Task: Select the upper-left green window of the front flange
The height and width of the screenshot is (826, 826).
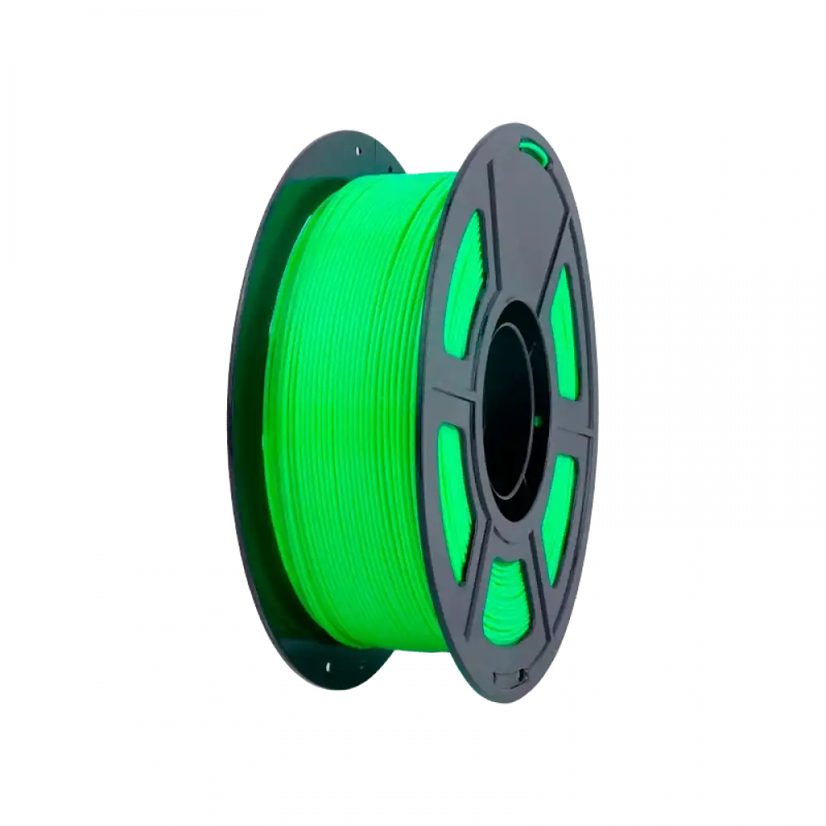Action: click(x=468, y=273)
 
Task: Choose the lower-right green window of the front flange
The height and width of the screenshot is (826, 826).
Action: click(x=559, y=501)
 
